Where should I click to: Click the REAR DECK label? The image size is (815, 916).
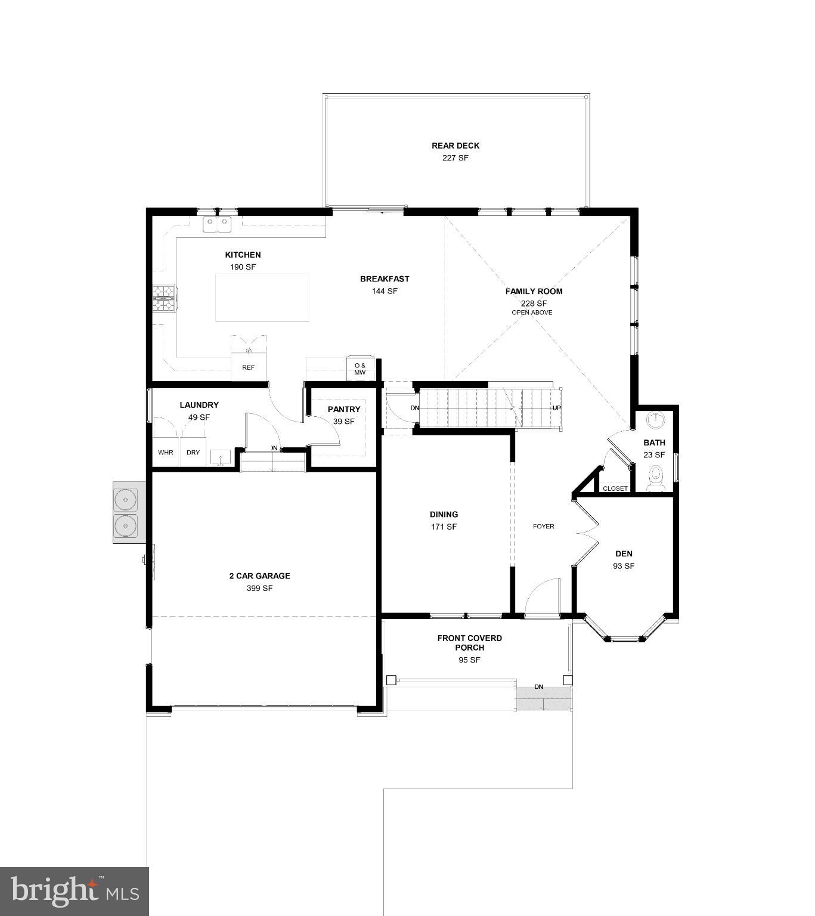[x=455, y=146]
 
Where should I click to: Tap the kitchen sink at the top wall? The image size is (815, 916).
[x=217, y=224]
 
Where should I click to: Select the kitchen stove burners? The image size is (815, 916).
[x=165, y=298]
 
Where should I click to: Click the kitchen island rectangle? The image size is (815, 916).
[x=262, y=297]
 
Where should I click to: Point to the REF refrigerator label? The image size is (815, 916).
[x=248, y=367]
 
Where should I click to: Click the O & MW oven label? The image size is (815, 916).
[x=360, y=369]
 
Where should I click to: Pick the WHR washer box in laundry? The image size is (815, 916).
[x=166, y=453]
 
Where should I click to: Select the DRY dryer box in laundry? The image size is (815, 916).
[x=193, y=453]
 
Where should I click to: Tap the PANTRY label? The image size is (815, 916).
[x=344, y=409]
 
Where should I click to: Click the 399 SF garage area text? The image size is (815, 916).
[x=260, y=588]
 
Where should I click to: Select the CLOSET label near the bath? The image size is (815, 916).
[x=615, y=488]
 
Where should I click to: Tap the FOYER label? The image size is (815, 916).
[x=544, y=526]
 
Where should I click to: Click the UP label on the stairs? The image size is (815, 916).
[x=557, y=408]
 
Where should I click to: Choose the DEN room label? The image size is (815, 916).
[x=624, y=553]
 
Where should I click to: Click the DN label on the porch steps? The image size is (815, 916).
[x=539, y=687]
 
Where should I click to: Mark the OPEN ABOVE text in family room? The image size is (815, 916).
[x=532, y=312]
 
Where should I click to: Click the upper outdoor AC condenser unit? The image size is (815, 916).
[x=126, y=499]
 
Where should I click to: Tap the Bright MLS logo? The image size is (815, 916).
[x=75, y=891]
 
